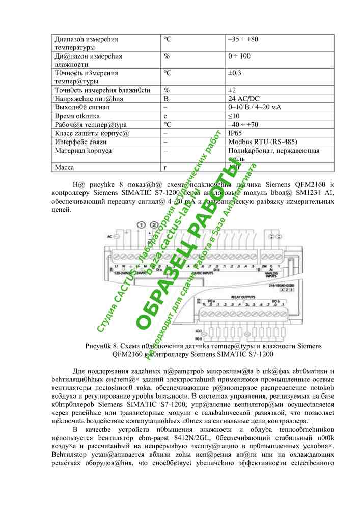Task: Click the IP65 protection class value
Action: coord(235,133)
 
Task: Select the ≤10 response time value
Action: coord(233,116)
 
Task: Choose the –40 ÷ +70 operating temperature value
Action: coord(243,125)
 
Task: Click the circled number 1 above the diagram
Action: coord(142,225)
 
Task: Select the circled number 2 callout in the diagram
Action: coord(154,225)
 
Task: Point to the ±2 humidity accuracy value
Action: coord(232,90)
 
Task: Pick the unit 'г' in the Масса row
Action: coord(165,167)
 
